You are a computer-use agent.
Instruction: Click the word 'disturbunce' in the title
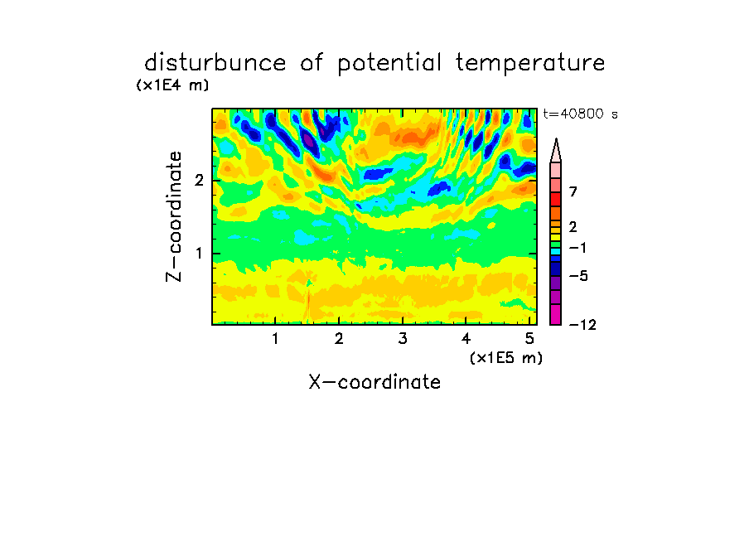215,63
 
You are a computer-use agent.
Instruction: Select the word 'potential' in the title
389,64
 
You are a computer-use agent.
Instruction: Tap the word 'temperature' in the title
530,64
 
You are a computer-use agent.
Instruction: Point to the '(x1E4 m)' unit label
172,85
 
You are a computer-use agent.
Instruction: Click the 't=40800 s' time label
580,114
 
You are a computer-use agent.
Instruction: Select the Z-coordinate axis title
174,216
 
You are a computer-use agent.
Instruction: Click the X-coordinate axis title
374,382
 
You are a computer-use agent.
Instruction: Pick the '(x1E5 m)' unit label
506,358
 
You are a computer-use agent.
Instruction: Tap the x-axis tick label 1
275,339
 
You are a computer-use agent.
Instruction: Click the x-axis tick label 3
403,339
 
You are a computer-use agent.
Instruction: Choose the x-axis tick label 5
529,339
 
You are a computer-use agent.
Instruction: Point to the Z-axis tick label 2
199,181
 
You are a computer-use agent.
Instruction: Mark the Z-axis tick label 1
199,254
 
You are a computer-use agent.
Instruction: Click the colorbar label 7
573,192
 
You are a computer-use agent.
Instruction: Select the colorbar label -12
582,326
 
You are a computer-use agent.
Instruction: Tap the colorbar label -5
578,276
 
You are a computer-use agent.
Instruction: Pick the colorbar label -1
577,248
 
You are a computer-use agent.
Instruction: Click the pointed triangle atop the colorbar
556,151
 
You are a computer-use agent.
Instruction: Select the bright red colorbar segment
556,199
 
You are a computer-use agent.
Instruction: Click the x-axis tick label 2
339,339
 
